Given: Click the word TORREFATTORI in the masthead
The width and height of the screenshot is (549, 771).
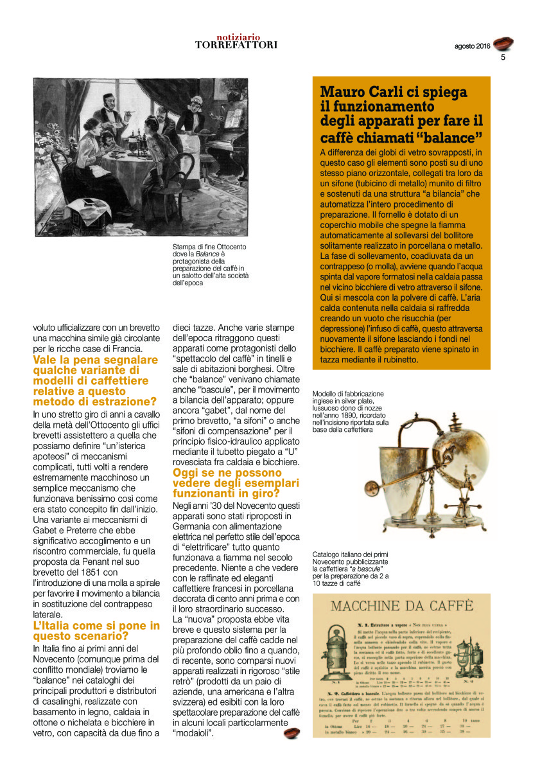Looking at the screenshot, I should pos(236,45).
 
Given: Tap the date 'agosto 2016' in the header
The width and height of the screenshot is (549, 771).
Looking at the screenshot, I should pos(472,46).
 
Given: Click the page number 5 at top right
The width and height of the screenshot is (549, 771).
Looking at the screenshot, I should pos(503,57).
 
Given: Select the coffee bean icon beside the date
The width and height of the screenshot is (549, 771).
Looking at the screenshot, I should pos(503,44).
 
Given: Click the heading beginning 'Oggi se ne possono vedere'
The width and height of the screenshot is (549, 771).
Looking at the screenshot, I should pos(226,483).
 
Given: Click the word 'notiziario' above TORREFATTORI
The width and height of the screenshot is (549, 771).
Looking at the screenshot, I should pos(236,37).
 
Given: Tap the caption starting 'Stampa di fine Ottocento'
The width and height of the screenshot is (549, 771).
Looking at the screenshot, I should pos(211,265).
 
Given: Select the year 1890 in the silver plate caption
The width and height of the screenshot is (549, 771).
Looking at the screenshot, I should pos(366,416).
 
